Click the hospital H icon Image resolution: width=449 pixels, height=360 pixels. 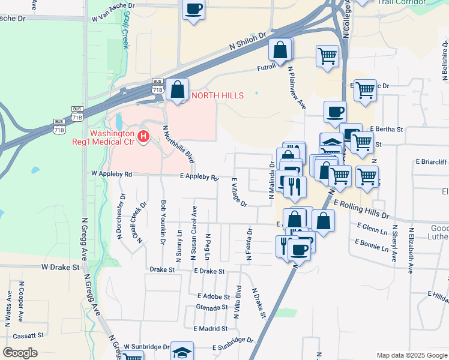143,137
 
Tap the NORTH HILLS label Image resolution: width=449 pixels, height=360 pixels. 217,96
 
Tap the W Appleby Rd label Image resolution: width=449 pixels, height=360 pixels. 111,173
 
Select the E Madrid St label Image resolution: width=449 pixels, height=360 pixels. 210,328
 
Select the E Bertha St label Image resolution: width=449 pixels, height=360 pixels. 387,129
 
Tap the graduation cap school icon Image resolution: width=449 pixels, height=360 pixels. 182,352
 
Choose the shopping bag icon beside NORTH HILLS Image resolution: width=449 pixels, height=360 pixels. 178,90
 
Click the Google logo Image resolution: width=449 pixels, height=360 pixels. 21,353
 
